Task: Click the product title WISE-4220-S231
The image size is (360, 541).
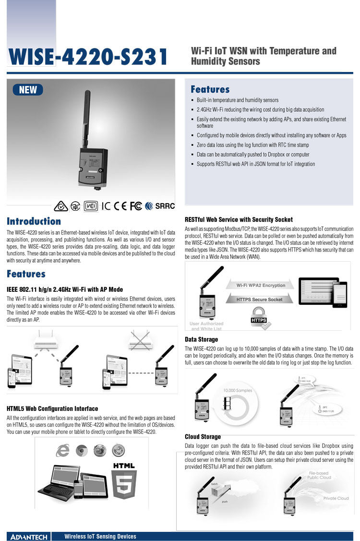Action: [x=88, y=57]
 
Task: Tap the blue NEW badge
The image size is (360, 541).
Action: [x=28, y=90]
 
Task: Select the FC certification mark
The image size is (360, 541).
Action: [x=136, y=206]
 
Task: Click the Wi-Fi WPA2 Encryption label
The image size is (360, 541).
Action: [x=261, y=285]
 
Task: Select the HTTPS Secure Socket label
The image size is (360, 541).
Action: [x=260, y=300]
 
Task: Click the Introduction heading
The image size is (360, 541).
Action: [x=34, y=221]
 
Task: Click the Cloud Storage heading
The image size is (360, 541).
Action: [x=203, y=437]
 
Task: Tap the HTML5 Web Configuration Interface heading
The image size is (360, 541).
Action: [x=52, y=409]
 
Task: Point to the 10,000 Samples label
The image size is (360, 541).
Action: [x=237, y=390]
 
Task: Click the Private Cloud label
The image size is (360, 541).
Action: [x=336, y=498]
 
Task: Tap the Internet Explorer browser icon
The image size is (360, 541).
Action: [x=63, y=450]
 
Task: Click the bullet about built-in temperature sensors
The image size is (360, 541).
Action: [x=237, y=100]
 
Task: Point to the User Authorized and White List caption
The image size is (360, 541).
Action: [x=206, y=326]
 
